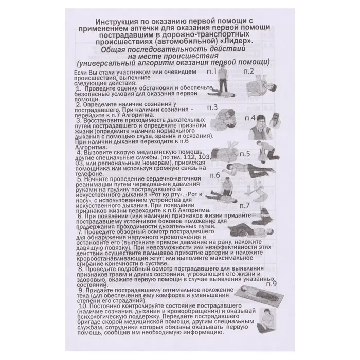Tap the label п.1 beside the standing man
click(211, 72)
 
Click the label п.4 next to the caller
click(251, 118)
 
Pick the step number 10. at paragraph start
click(80, 306)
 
